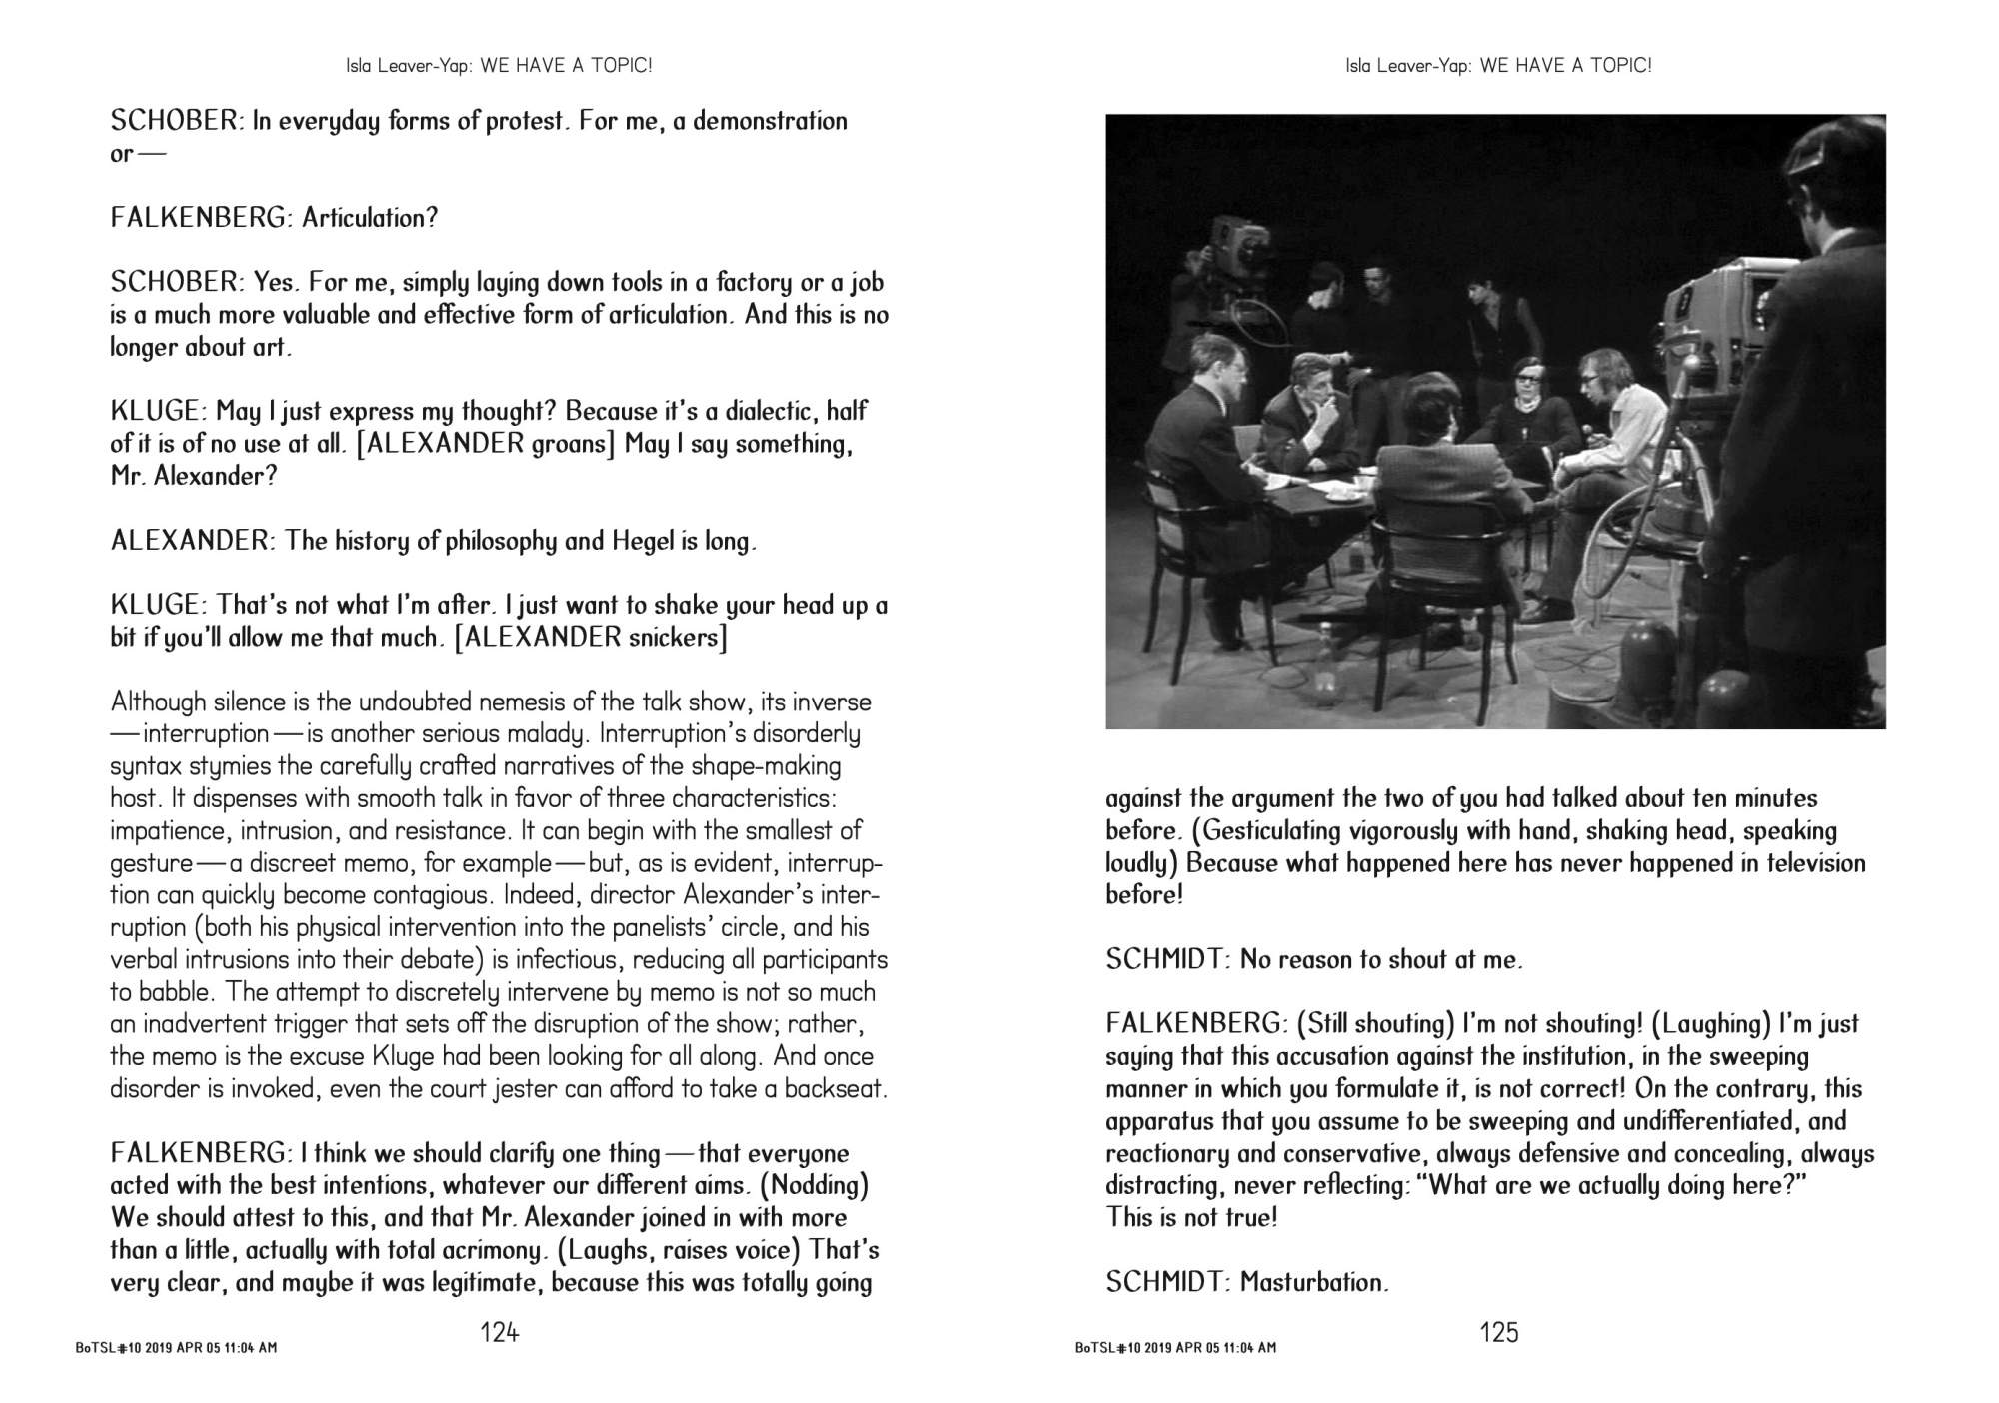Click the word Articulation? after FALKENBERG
370,218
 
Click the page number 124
500,1332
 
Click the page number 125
1499,1332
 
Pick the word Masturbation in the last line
1313,1282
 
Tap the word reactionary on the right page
1166,1154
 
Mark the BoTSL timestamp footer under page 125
1175,1348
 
